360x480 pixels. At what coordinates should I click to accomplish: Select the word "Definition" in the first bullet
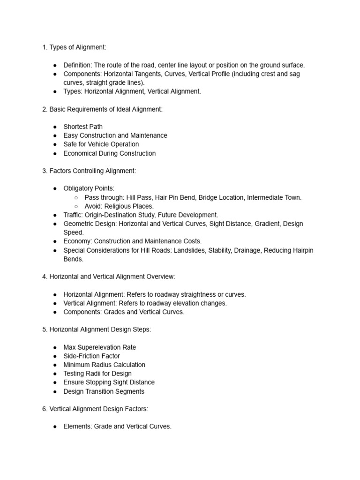pos(77,65)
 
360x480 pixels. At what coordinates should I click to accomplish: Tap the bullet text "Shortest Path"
pos(83,127)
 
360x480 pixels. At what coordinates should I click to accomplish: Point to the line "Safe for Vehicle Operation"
pos(101,144)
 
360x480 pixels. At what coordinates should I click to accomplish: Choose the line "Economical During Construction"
pos(109,153)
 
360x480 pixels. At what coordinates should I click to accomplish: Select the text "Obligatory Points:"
pos(89,188)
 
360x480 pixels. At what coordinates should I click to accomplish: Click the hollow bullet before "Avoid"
pos(76,206)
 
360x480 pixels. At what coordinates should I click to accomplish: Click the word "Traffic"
pos(74,215)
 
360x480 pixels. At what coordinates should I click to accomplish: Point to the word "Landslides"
pos(190,250)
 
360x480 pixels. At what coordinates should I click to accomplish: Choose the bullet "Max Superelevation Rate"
pos(100,347)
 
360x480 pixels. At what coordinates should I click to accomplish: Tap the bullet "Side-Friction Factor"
pos(92,356)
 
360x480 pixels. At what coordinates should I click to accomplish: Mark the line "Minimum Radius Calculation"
pos(104,365)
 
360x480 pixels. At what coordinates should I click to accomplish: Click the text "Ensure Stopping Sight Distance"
pos(109,382)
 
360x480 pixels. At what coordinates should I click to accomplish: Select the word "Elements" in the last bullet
pos(77,427)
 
